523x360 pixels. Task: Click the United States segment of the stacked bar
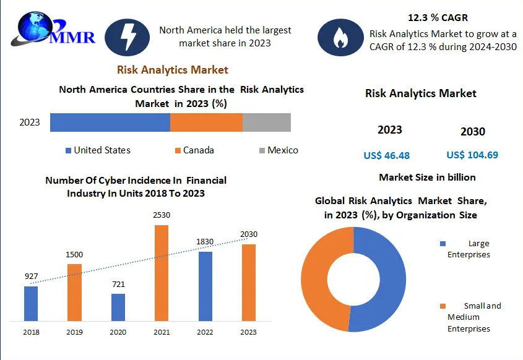point(110,122)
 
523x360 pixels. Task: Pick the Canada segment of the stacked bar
point(206,122)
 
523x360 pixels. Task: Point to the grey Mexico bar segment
point(266,122)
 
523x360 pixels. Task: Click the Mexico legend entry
point(279,150)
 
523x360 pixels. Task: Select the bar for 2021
point(162,273)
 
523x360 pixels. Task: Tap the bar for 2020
point(118,307)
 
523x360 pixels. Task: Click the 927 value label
point(31,276)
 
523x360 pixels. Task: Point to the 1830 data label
point(205,241)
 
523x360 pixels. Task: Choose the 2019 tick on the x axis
point(74,332)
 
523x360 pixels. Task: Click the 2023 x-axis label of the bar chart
point(248,332)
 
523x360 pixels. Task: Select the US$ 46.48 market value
point(387,155)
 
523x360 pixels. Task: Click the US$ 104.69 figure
point(472,155)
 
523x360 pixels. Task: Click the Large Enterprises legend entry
point(473,249)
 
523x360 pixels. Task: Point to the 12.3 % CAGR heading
point(438,17)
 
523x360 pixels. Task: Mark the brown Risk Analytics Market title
point(173,70)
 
